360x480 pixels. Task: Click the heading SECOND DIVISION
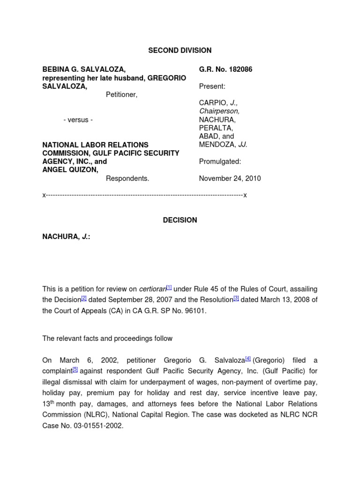[180, 50]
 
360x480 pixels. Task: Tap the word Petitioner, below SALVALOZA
[121, 95]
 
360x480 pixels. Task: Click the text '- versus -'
[78, 120]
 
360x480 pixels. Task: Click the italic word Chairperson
[219, 111]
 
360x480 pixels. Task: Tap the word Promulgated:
[220, 161]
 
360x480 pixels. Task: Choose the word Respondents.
[127, 178]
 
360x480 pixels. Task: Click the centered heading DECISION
[180, 220]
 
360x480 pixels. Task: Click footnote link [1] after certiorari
[169, 287]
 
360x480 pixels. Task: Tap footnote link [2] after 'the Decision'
[83, 298]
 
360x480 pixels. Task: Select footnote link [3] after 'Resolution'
[236, 298]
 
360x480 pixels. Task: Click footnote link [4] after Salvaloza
[248, 359]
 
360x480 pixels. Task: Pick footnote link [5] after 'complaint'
[75, 369]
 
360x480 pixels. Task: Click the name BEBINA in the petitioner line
[57, 69]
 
